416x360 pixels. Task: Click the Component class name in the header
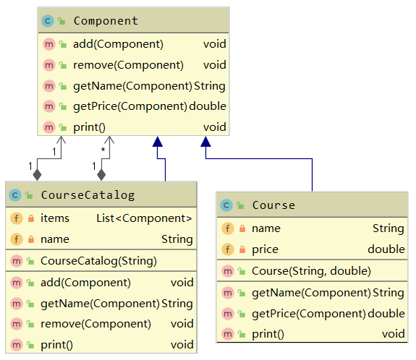click(106, 21)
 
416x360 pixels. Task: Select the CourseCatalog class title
click(88, 194)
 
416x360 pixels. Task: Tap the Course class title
click(273, 205)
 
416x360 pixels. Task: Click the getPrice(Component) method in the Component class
click(130, 106)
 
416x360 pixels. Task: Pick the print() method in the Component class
click(89, 127)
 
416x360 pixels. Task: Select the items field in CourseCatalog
click(55, 218)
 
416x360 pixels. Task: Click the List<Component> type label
click(145, 218)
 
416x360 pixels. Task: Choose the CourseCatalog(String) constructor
click(98, 260)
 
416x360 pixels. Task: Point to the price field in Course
click(265, 249)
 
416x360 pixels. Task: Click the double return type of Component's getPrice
click(208, 106)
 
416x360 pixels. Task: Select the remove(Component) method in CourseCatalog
click(95, 323)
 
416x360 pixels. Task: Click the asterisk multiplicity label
click(103, 150)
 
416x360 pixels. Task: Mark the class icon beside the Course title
click(227, 205)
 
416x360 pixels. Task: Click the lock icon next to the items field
click(30, 218)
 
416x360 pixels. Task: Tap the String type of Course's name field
click(388, 228)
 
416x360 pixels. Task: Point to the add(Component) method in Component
click(118, 44)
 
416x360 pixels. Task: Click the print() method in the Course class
click(268, 333)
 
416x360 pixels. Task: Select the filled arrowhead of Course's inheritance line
click(205, 142)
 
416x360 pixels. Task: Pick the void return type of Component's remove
click(214, 65)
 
